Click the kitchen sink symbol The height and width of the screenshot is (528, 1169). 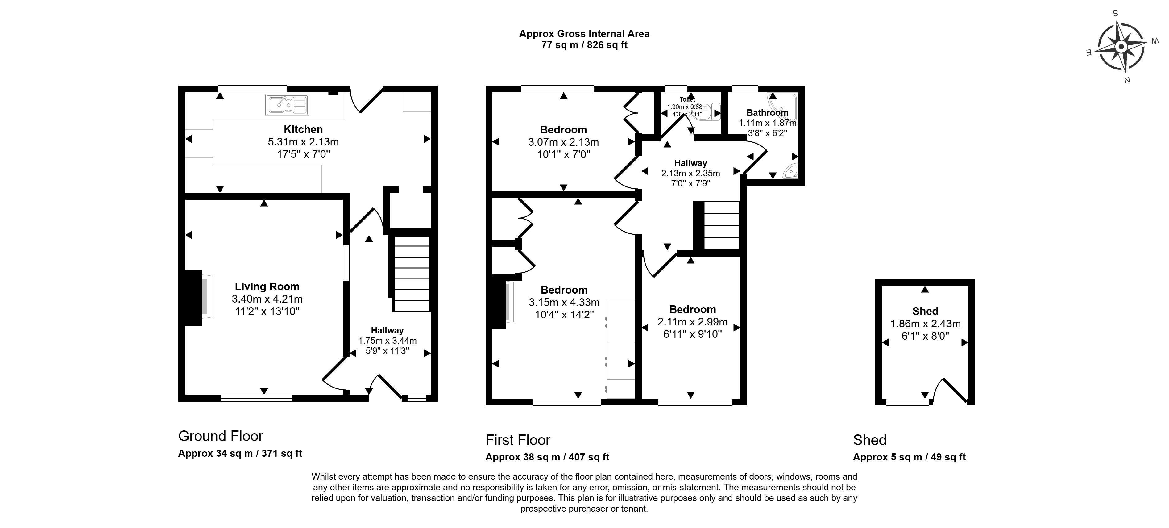[287, 105]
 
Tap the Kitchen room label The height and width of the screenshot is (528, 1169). [303, 129]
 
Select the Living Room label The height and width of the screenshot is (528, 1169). [267, 287]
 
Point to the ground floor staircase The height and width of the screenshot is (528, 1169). [411, 274]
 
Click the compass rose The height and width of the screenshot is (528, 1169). [1121, 47]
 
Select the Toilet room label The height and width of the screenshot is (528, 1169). [687, 99]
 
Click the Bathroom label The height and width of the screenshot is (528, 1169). [767, 113]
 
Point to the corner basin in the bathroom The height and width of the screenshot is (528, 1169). [791, 172]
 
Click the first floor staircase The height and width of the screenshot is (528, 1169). [721, 225]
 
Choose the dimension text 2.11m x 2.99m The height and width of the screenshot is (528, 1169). [693, 322]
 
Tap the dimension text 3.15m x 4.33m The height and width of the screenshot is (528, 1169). [564, 302]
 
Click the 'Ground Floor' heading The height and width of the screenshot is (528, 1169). [221, 436]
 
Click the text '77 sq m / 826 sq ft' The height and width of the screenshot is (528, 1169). [584, 45]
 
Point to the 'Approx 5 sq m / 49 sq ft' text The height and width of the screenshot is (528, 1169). [910, 457]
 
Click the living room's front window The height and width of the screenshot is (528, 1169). [256, 398]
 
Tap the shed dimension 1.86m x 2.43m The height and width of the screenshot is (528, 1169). [925, 324]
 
